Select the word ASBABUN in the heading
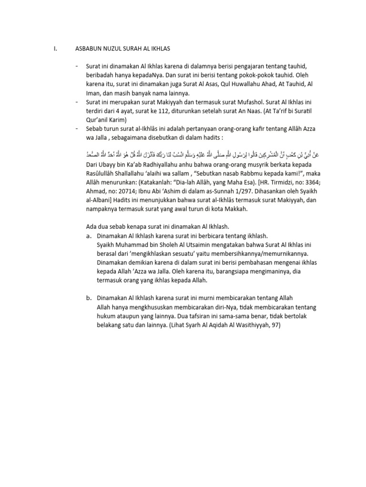tap(89, 49)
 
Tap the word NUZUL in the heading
tap(116, 49)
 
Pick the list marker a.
tap(89, 236)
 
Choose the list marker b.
tap(89, 299)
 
